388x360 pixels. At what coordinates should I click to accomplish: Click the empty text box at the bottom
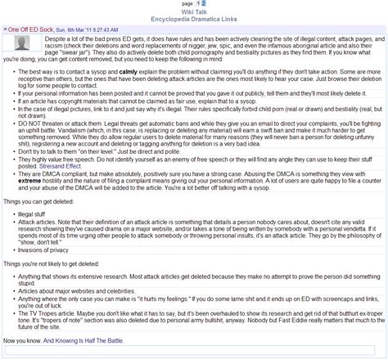(x=194, y=352)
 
